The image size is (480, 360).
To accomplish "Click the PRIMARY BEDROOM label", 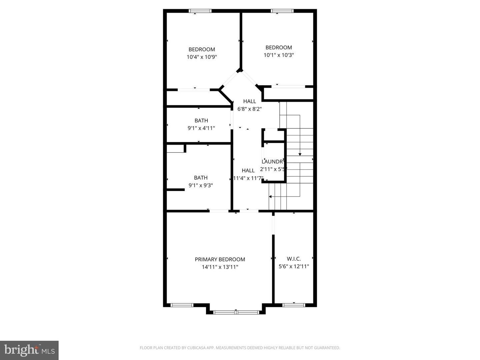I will [x=220, y=259].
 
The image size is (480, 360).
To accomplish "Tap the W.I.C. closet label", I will [x=294, y=259].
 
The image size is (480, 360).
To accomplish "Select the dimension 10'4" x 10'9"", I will [x=202, y=57].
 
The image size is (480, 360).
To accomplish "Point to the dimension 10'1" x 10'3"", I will [x=279, y=55].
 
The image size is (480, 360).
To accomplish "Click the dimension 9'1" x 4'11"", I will [x=201, y=128].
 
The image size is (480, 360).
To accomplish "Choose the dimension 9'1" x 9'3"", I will [x=201, y=185].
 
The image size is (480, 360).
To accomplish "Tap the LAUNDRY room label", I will [x=272, y=162].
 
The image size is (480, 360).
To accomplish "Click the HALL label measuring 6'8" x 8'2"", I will [x=249, y=101].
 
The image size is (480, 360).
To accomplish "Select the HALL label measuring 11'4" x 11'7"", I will [x=248, y=170].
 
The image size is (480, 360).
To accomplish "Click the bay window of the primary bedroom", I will [x=236, y=312].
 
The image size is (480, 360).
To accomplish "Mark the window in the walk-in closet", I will [x=294, y=305].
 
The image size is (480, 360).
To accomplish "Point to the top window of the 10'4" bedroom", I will [x=200, y=11].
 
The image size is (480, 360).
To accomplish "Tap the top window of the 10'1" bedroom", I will [x=282, y=11].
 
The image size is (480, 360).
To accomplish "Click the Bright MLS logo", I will [x=29, y=350].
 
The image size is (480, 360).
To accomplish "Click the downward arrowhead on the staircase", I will [x=300, y=154].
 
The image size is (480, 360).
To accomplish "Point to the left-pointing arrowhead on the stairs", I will [x=270, y=197].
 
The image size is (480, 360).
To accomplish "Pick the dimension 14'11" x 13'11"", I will [x=220, y=267].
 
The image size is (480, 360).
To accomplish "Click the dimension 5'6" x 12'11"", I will [x=294, y=266].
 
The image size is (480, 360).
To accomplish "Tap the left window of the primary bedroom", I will [x=182, y=305].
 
